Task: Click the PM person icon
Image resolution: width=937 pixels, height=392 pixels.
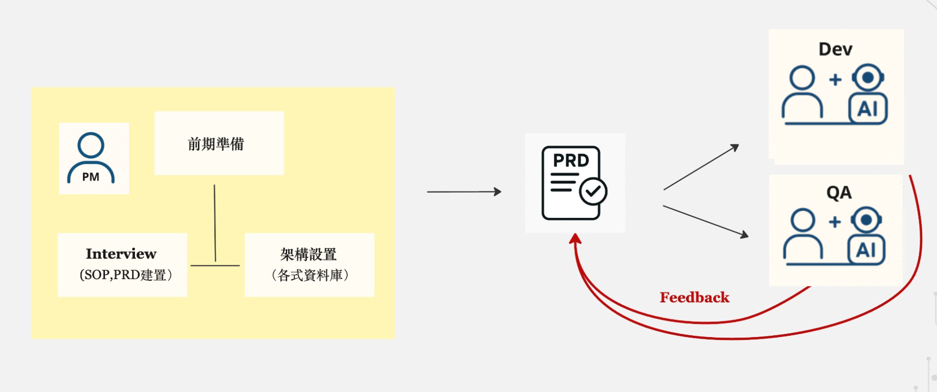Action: click(x=91, y=157)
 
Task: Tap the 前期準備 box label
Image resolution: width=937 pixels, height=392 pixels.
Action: click(x=216, y=144)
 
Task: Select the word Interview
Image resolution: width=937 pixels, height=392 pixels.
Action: click(x=121, y=254)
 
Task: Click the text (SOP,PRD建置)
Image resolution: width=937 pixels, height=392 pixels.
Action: click(x=126, y=275)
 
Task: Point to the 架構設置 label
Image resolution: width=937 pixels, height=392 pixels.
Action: click(x=309, y=254)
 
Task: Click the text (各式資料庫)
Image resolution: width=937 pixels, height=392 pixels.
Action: click(x=310, y=275)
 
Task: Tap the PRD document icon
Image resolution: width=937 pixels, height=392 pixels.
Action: click(x=572, y=183)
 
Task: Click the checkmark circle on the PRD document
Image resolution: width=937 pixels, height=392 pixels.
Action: click(x=593, y=192)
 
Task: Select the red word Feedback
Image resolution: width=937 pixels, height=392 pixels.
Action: click(x=695, y=298)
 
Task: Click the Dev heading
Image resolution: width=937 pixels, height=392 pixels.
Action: click(x=835, y=49)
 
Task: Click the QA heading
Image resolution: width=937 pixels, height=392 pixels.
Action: click(x=839, y=192)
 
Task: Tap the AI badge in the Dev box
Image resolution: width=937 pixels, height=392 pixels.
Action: click(x=868, y=109)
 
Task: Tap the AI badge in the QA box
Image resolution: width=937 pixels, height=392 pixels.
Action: click(x=866, y=250)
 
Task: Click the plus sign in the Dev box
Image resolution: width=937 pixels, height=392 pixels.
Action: click(x=835, y=80)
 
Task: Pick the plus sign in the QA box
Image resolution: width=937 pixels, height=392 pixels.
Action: click(x=835, y=222)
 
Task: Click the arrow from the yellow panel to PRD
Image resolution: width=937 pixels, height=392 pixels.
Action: click(x=464, y=192)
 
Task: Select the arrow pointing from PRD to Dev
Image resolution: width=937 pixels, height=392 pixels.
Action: click(x=701, y=167)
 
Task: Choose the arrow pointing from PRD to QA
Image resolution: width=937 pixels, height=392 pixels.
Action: click(x=705, y=221)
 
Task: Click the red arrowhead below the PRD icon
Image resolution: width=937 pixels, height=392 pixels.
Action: click(x=575, y=239)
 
